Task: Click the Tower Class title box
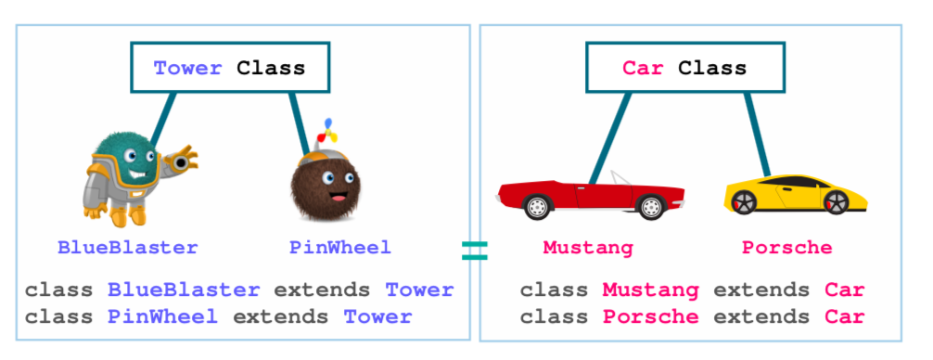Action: click(x=229, y=68)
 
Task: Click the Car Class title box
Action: click(x=684, y=68)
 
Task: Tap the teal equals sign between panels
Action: click(x=474, y=250)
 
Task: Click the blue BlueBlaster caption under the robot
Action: click(x=127, y=248)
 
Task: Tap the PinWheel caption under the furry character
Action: click(x=339, y=248)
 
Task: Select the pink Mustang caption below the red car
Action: click(x=588, y=248)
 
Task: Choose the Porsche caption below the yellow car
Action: click(x=786, y=248)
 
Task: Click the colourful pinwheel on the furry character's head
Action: click(x=326, y=131)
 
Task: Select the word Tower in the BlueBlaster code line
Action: click(x=419, y=289)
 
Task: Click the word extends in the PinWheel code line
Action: click(x=280, y=316)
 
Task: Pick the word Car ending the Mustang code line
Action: click(x=844, y=289)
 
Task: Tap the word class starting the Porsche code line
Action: click(x=554, y=316)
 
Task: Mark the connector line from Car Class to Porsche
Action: click(x=758, y=135)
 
